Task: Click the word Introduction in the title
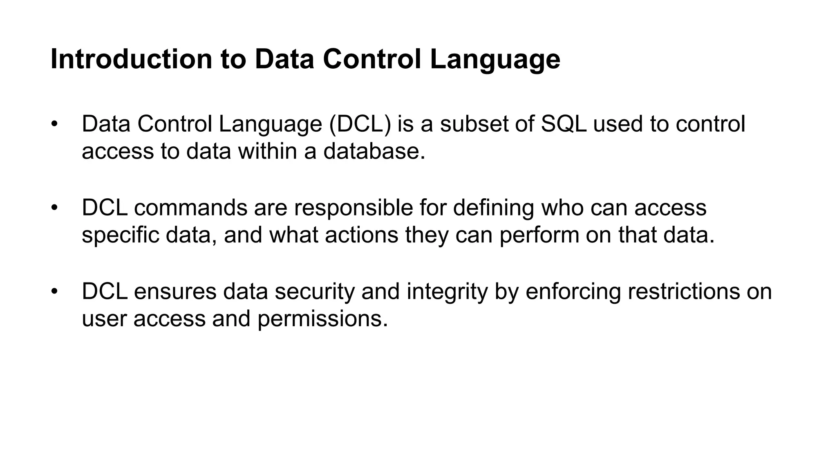(x=131, y=59)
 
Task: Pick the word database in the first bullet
(x=374, y=151)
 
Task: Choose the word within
(x=268, y=151)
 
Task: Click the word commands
(x=190, y=208)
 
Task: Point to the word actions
(x=361, y=235)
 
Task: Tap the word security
(x=314, y=292)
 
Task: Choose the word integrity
(x=447, y=292)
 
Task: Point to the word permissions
(x=322, y=319)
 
